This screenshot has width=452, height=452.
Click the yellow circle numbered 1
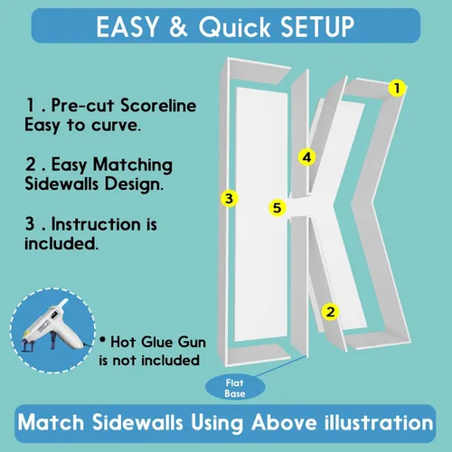point(397,88)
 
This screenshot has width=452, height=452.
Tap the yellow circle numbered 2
point(330,312)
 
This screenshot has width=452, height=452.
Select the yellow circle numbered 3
point(229,199)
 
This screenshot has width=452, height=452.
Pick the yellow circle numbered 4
point(306,157)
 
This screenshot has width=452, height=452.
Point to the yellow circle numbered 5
point(277,208)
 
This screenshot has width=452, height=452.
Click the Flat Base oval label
point(235,388)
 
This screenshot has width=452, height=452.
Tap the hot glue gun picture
point(53,330)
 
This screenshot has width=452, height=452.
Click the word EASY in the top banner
point(127,26)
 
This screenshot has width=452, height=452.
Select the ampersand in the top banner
point(178,26)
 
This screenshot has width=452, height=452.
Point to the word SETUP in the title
point(317,26)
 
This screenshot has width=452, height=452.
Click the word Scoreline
point(158,106)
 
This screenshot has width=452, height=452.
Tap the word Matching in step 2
point(133,165)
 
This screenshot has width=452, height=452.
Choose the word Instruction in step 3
point(96,224)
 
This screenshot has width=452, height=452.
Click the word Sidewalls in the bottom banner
point(137,422)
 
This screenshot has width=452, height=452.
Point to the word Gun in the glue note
point(192,342)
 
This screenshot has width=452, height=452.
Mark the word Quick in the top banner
point(234,27)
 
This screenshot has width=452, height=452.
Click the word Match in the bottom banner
point(51,422)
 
